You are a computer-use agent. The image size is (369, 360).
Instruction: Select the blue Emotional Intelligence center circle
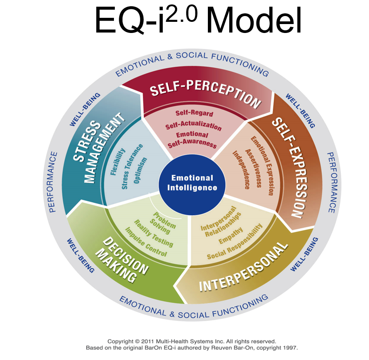tap(192, 183)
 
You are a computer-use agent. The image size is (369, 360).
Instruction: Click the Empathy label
tap(230, 240)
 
